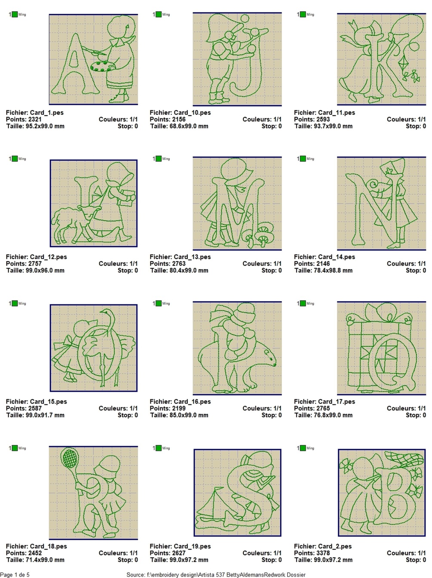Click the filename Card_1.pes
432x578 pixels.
(46, 113)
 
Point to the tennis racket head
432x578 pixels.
(69, 458)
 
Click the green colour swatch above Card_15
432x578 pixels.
(15, 303)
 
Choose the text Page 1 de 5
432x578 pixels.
(15, 575)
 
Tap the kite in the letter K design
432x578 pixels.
(403, 64)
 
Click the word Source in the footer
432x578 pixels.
(135, 575)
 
